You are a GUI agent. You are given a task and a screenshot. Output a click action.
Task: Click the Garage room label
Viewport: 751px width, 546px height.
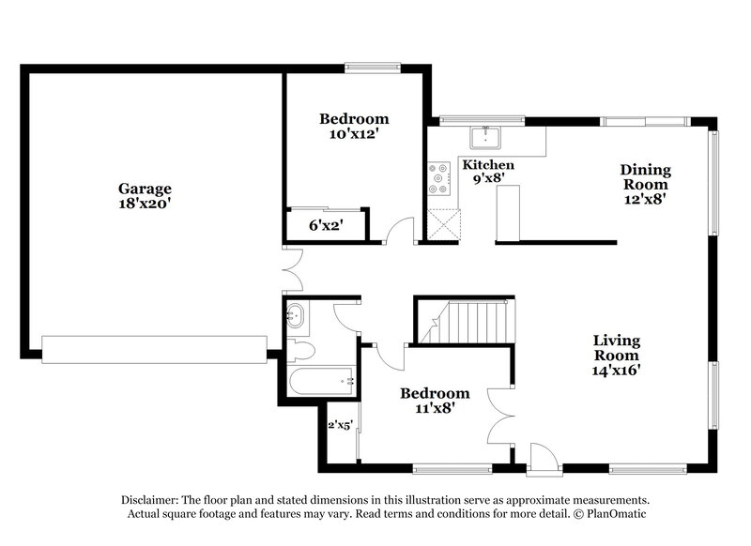tap(144, 188)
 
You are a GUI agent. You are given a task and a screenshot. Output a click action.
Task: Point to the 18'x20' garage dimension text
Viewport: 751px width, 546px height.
tap(144, 203)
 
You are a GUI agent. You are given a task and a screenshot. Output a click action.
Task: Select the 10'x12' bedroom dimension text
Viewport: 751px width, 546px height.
tap(353, 134)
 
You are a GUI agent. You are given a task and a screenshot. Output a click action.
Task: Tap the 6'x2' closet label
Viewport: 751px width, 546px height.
tap(326, 225)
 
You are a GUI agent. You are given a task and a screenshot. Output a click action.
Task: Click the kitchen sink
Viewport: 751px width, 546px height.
tap(486, 138)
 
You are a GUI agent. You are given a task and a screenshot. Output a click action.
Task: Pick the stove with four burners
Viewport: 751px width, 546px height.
tap(438, 179)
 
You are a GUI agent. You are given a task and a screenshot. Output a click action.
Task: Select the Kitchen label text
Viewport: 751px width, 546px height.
tap(488, 164)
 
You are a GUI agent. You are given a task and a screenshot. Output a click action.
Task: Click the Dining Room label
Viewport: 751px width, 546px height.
tap(646, 177)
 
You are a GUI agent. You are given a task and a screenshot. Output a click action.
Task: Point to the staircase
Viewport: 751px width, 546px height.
tap(467, 324)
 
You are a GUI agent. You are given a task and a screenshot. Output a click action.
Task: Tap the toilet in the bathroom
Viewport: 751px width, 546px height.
tap(301, 350)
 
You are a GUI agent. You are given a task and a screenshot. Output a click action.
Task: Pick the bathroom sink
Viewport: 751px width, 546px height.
tap(296, 315)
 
